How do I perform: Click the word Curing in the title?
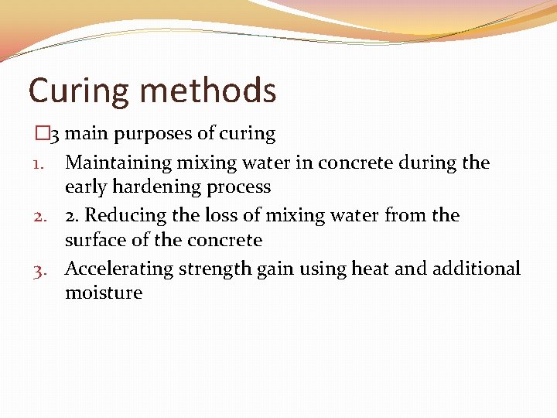coord(78,91)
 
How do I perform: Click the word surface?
coord(94,240)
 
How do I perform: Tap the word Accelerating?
coord(119,269)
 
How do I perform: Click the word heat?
coord(369,269)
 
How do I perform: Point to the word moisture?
coord(104,293)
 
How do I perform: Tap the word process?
coord(241,187)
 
